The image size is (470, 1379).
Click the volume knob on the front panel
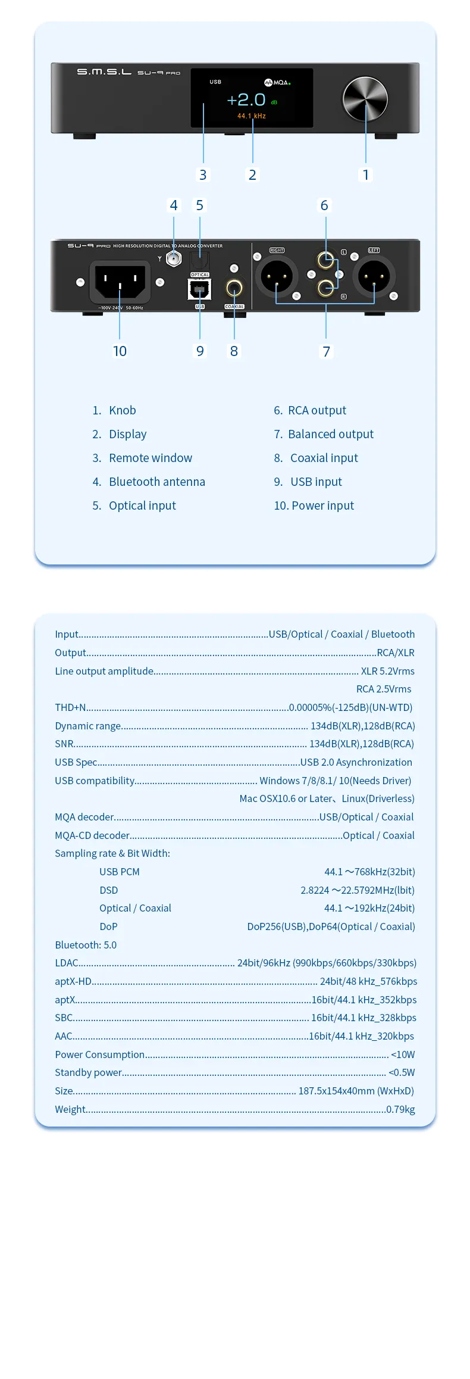[x=365, y=99]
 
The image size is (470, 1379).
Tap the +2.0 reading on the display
[x=246, y=99]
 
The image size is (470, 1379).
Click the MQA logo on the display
[x=277, y=83]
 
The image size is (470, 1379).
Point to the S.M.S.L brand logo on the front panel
[x=104, y=72]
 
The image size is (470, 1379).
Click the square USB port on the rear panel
[x=199, y=290]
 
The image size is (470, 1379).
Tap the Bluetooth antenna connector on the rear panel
[x=174, y=258]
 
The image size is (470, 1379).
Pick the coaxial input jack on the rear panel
[x=234, y=288]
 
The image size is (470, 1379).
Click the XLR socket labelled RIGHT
[x=277, y=276]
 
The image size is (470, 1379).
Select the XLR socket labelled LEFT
[x=374, y=276]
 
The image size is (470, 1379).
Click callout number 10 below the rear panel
[x=120, y=351]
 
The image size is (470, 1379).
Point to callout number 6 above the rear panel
[x=324, y=205]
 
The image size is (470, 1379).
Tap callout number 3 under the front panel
[x=203, y=174]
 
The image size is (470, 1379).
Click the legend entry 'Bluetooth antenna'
[x=156, y=482]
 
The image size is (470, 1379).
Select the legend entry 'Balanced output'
[x=330, y=434]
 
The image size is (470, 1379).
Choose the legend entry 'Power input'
[x=322, y=506]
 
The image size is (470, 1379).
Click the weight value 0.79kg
[x=400, y=1109]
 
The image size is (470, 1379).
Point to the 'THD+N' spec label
[x=70, y=707]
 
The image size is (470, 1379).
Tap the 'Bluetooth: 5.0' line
[x=86, y=945]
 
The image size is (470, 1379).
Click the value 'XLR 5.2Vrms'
[x=387, y=671]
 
